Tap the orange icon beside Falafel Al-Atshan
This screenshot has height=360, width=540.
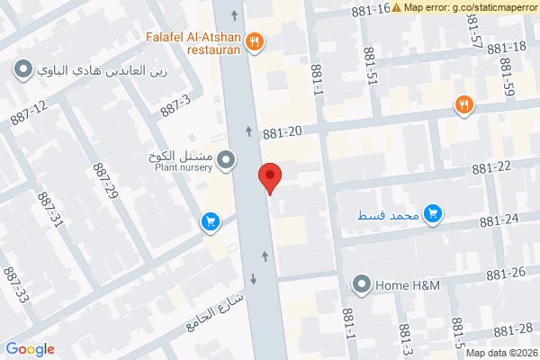pyautogui.click(x=256, y=40)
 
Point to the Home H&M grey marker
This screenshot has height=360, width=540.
pyautogui.click(x=363, y=285)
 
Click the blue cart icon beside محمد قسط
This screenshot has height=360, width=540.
pyautogui.click(x=434, y=213)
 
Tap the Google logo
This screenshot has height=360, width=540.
pyautogui.click(x=30, y=349)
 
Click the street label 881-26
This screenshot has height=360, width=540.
pyautogui.click(x=504, y=273)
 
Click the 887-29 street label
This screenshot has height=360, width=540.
pyautogui.click(x=105, y=181)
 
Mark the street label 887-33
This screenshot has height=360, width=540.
pyautogui.click(x=16, y=284)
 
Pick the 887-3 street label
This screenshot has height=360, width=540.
pyautogui.click(x=176, y=105)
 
